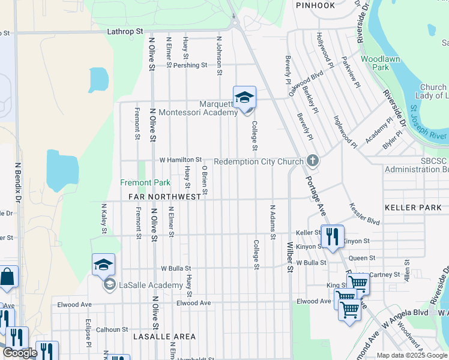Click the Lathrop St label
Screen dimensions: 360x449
coord(125,30)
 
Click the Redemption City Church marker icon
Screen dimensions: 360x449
coord(312,161)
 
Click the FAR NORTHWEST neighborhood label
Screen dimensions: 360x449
coord(164,197)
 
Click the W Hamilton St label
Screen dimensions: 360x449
coord(180,160)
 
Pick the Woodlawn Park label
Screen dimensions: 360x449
coord(375,63)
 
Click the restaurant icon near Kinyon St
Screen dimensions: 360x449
coord(332,237)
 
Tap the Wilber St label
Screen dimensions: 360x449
coord(289,257)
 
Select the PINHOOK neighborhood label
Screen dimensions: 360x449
coord(315,5)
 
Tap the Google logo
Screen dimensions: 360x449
coord(20,353)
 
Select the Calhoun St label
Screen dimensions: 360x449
coord(112,329)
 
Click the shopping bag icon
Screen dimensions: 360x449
coord(8,278)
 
